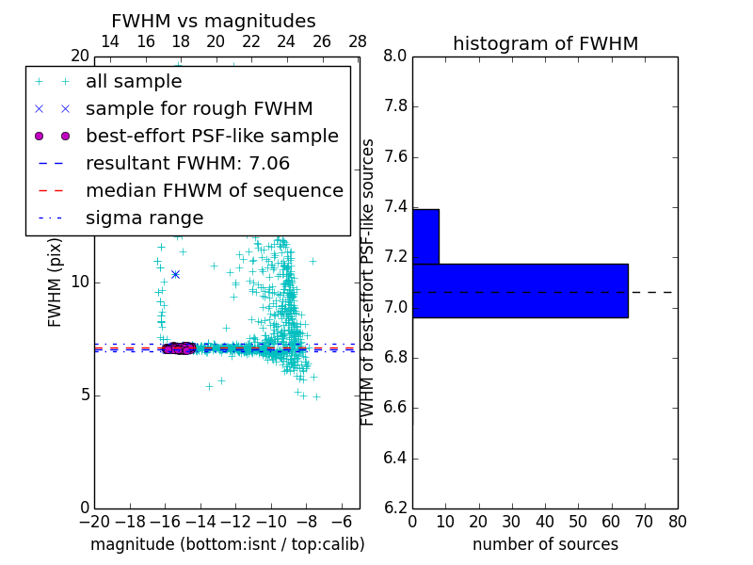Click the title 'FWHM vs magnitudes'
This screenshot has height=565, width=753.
pyautogui.click(x=214, y=21)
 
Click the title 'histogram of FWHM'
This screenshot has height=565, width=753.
pyautogui.click(x=545, y=43)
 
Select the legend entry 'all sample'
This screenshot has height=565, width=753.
pyautogui.click(x=134, y=82)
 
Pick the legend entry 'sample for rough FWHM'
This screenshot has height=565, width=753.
pyautogui.click(x=200, y=108)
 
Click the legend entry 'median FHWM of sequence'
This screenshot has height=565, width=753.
pyautogui.click(x=215, y=190)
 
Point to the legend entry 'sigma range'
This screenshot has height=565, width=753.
pyautogui.click(x=144, y=218)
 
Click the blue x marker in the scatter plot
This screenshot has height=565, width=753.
pyautogui.click(x=175, y=274)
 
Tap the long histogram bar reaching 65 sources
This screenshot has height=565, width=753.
pyautogui.click(x=520, y=290)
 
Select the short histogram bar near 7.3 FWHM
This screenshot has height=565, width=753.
pyautogui.click(x=425, y=236)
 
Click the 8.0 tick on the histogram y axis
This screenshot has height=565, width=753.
pyautogui.click(x=395, y=56)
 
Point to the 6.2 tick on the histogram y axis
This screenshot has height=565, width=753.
pyautogui.click(x=395, y=508)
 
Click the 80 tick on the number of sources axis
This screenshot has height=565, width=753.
pyautogui.click(x=677, y=521)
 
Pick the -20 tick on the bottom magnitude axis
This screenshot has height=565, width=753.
pyautogui.click(x=94, y=521)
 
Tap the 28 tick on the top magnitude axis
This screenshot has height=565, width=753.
pyautogui.click(x=358, y=41)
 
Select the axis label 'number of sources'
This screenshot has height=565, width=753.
pyautogui.click(x=545, y=544)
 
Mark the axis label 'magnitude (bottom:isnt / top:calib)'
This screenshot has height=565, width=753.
pyautogui.click(x=227, y=544)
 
